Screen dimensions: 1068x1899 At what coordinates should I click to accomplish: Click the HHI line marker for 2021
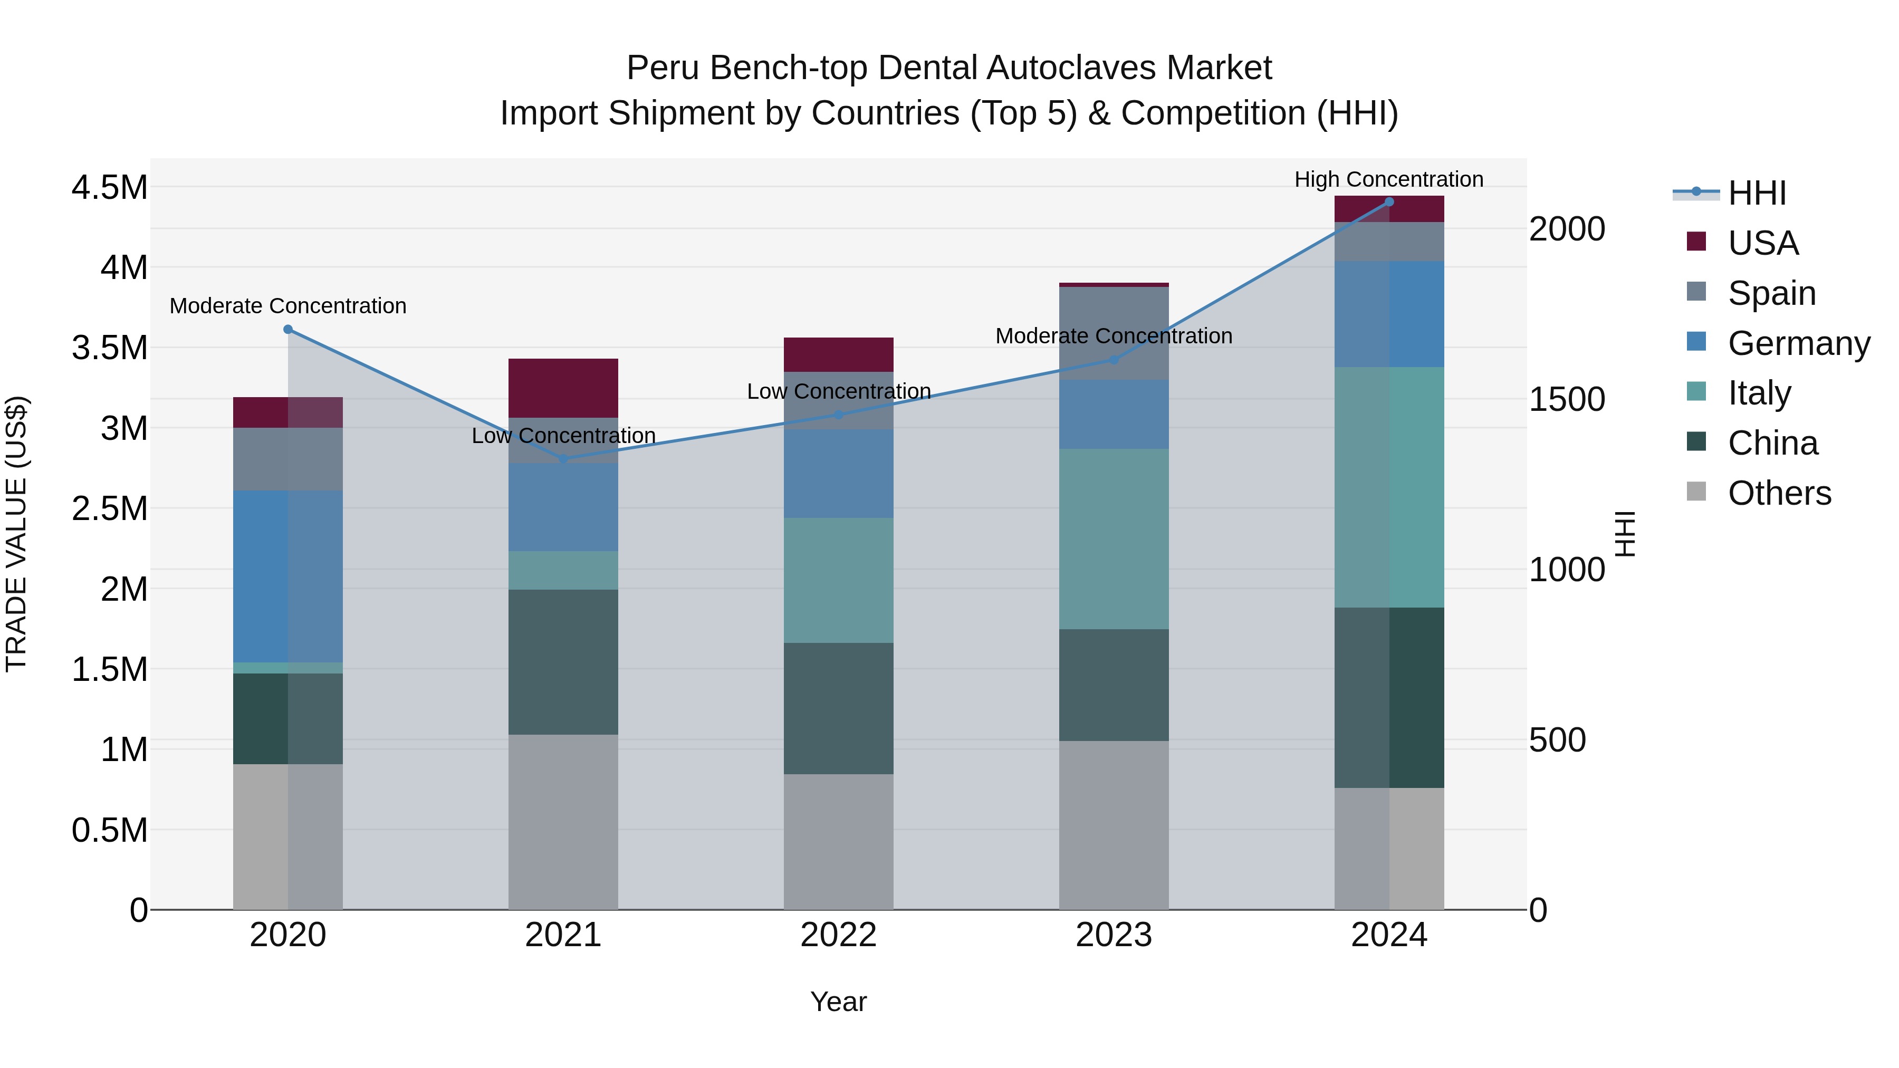pyautogui.click(x=563, y=459)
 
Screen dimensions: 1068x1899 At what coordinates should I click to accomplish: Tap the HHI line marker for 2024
pyautogui.click(x=1389, y=202)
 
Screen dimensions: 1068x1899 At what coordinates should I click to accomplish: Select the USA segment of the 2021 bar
pyautogui.click(x=563, y=388)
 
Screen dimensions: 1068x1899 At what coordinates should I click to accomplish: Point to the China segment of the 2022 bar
pyautogui.click(x=838, y=708)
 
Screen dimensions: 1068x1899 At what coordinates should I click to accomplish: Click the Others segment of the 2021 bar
pyautogui.click(x=563, y=821)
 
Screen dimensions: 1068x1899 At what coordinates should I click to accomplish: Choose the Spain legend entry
pyautogui.click(x=1771, y=293)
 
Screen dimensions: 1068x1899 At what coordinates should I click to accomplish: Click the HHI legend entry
pyautogui.click(x=1756, y=193)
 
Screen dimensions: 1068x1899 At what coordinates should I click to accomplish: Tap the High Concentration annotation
pyautogui.click(x=1389, y=179)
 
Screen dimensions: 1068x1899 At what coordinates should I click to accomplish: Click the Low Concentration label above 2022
pyautogui.click(x=838, y=391)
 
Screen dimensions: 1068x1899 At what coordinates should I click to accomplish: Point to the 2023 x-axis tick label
pyautogui.click(x=1113, y=935)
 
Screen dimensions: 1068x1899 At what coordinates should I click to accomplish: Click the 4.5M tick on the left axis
pyautogui.click(x=109, y=187)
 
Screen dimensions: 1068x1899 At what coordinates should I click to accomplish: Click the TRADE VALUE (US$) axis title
pyautogui.click(x=16, y=534)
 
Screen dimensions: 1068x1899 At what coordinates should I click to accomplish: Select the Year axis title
pyautogui.click(x=838, y=1002)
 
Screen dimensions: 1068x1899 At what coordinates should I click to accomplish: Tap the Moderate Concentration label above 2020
pyautogui.click(x=287, y=306)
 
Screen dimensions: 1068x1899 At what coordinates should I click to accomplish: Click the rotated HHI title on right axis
pyautogui.click(x=1625, y=534)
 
